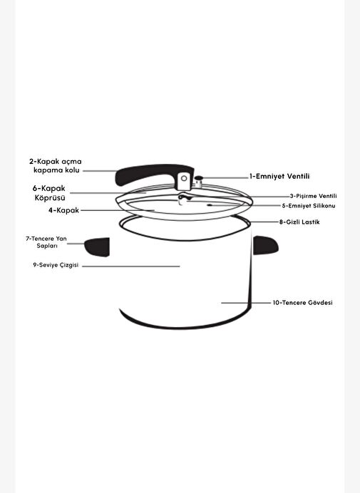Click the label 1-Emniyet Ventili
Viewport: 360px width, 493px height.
tap(279, 177)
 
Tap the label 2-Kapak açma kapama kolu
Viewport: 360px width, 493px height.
tap(56, 166)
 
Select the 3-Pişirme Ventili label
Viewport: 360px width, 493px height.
tap(313, 196)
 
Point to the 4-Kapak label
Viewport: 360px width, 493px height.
tap(63, 210)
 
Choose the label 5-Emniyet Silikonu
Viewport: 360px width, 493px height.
tap(309, 206)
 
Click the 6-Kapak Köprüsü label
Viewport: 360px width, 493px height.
tap(49, 193)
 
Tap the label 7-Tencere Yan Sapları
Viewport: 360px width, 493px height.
tap(46, 242)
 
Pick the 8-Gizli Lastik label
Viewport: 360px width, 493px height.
tap(299, 222)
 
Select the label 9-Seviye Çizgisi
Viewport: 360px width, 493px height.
tap(56, 265)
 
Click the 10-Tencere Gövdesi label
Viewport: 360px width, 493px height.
tap(302, 303)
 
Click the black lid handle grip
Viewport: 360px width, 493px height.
tap(148, 174)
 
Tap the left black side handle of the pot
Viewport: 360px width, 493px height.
tap(97, 246)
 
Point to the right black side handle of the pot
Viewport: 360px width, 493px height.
tap(266, 245)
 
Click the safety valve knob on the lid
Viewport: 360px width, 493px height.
tap(199, 182)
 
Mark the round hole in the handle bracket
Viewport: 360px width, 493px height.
tap(184, 179)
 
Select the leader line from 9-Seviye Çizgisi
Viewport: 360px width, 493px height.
tap(131, 266)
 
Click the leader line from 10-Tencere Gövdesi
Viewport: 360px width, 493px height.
tap(246, 303)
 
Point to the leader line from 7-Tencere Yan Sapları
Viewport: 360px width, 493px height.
tap(76, 244)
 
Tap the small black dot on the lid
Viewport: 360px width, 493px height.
tap(210, 205)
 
